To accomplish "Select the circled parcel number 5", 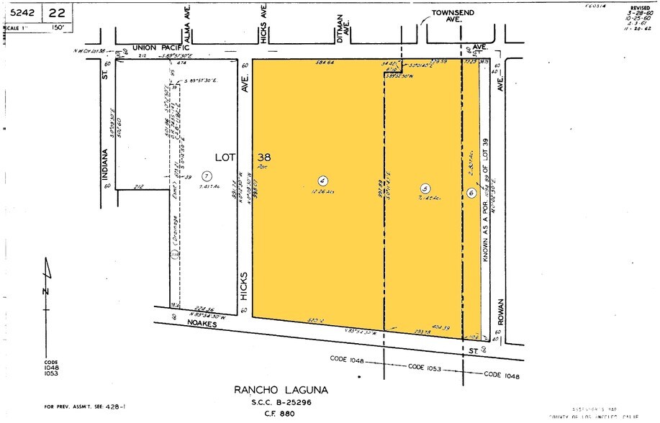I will click(x=425, y=188).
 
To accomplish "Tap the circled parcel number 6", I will click(x=471, y=192).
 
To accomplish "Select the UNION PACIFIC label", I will click(x=158, y=47).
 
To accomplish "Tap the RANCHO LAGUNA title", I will click(x=281, y=390).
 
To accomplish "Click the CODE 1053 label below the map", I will click(x=424, y=367).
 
